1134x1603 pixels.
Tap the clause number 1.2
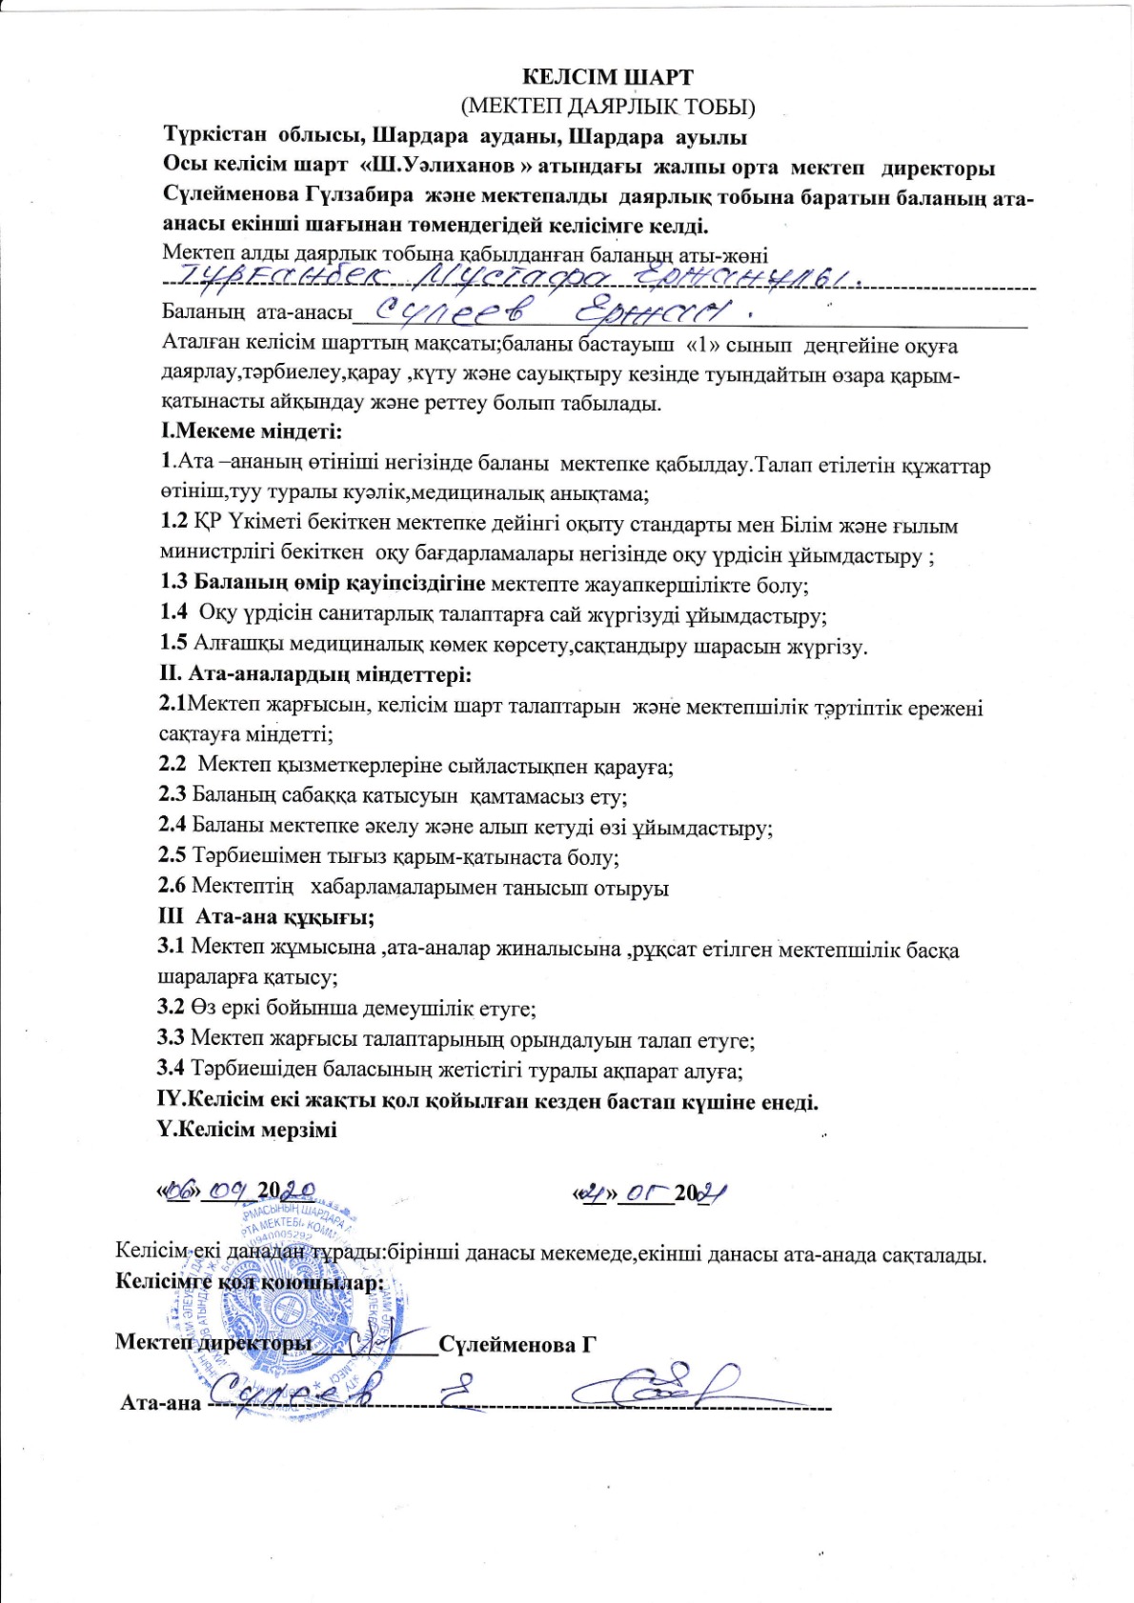tap(174, 525)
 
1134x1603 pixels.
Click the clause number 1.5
tap(174, 645)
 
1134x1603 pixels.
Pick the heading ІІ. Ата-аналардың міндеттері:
tap(314, 675)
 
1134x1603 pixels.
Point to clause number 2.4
tap(173, 827)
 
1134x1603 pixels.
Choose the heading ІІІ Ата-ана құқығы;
tap(266, 917)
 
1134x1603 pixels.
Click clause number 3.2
tap(172, 1008)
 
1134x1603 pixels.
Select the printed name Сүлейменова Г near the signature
tap(516, 1344)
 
